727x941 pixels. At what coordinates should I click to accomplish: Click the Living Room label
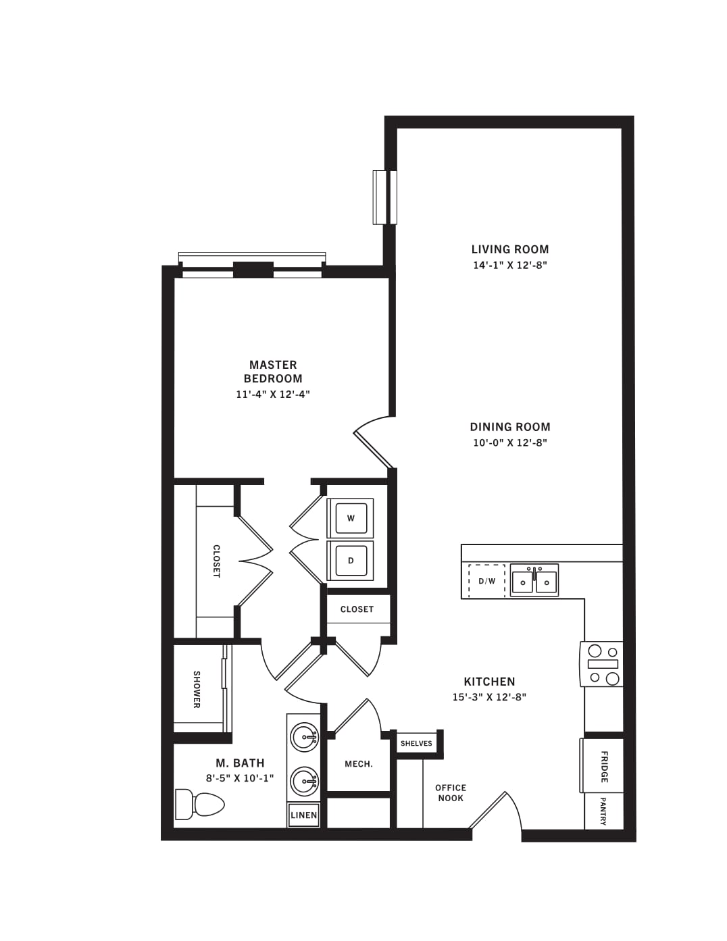[x=510, y=249]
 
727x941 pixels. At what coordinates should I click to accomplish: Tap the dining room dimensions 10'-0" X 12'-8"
[x=510, y=443]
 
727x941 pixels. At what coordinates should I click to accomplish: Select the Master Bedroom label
[x=273, y=372]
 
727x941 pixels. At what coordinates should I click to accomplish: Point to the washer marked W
[x=351, y=518]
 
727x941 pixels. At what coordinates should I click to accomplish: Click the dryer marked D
[x=351, y=561]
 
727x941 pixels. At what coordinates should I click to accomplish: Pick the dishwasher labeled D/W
[x=486, y=581]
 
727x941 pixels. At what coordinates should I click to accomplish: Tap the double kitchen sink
[x=534, y=580]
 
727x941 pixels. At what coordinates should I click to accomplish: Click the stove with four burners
[x=601, y=664]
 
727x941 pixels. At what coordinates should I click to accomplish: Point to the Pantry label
[x=603, y=811]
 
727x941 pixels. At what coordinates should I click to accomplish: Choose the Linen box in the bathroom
[x=304, y=815]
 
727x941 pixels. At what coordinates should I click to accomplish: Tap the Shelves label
[x=416, y=744]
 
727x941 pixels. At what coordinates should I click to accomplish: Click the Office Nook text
[x=451, y=793]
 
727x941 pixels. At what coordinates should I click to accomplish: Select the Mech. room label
[x=359, y=764]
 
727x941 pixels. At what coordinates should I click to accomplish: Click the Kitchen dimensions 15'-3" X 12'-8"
[x=489, y=698]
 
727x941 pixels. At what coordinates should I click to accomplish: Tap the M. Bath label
[x=240, y=763]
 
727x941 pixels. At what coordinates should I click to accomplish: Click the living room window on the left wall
[x=385, y=197]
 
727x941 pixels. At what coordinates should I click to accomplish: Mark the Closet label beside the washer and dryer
[x=357, y=609]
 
